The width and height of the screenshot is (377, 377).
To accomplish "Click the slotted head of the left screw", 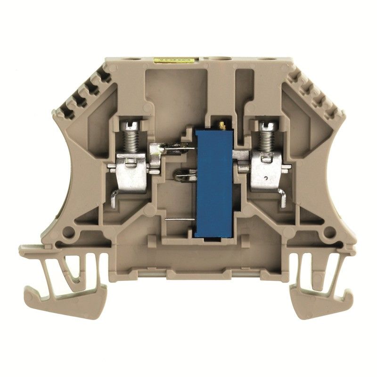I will click(131, 126).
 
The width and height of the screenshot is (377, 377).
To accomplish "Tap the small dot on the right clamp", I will click(266, 178).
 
